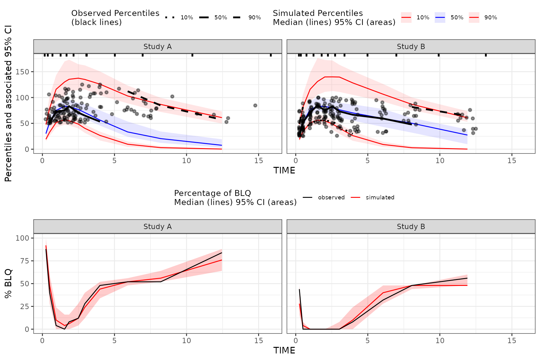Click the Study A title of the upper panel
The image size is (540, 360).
click(x=157, y=47)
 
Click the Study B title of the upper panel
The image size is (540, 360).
click(x=411, y=47)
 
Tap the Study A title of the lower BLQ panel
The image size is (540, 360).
click(x=157, y=227)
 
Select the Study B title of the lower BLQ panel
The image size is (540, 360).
click(x=411, y=227)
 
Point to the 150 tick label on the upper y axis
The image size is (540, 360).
click(x=22, y=72)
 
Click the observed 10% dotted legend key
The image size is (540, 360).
click(x=170, y=17)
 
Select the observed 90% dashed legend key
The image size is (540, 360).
click(x=237, y=17)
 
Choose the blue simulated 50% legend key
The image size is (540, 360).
click(x=440, y=17)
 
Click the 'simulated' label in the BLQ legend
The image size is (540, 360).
click(x=380, y=197)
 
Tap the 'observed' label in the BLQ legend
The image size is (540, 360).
click(x=331, y=197)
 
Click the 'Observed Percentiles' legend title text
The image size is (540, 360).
click(x=115, y=13)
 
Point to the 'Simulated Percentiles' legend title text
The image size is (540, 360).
click(x=317, y=13)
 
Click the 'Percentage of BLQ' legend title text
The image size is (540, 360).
click(x=212, y=193)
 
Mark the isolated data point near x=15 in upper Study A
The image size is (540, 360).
click(x=255, y=106)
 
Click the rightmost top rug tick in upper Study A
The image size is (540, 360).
click(x=271, y=55)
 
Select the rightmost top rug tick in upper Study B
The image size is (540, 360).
click(x=486, y=55)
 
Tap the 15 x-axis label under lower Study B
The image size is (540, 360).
click(x=512, y=341)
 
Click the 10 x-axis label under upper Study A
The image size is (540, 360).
click(x=187, y=161)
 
